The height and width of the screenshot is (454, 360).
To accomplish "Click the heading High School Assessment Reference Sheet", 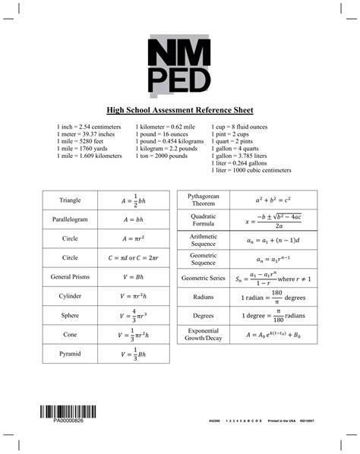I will (x=180, y=109).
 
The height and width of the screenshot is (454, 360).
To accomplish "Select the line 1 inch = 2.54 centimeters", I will (x=89, y=126).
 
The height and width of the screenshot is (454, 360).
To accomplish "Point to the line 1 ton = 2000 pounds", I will (x=162, y=156).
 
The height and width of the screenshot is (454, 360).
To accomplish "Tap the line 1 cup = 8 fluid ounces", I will (x=242, y=126).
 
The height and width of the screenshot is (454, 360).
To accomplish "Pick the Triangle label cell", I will (x=71, y=200).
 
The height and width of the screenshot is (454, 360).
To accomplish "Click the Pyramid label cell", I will (x=71, y=354).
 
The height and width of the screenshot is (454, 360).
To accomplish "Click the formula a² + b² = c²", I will (x=273, y=200).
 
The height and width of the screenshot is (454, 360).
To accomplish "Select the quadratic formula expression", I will (x=273, y=219).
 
